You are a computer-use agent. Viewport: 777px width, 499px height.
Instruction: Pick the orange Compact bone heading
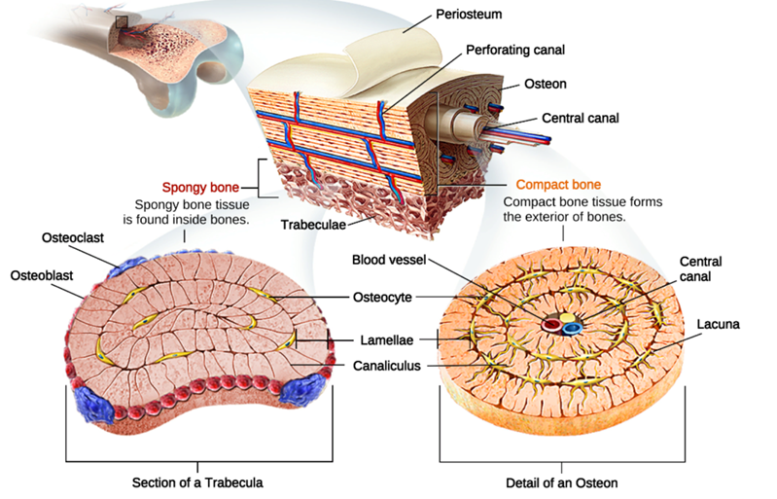point(558,184)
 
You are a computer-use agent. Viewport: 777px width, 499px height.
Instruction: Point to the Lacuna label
point(718,324)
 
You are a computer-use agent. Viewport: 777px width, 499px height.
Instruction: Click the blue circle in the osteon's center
point(571,328)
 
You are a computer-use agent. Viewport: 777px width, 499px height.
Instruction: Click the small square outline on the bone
point(122,22)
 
